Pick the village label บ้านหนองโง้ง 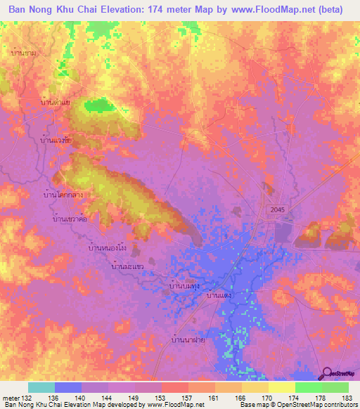(x=107, y=248)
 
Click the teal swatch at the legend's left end (x=41, y=387)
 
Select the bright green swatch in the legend (x=308, y=387)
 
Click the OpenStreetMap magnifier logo (x=327, y=373)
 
